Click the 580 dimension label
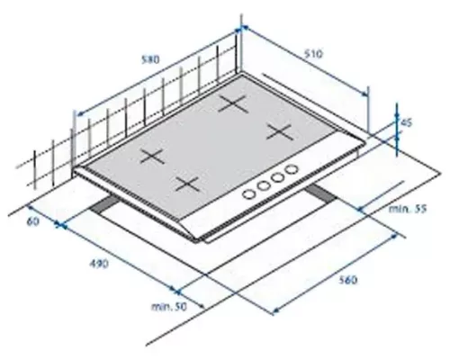coord(150,59)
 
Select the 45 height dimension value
coord(407,122)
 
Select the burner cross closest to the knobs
coord(187,184)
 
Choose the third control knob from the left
coord(277,178)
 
